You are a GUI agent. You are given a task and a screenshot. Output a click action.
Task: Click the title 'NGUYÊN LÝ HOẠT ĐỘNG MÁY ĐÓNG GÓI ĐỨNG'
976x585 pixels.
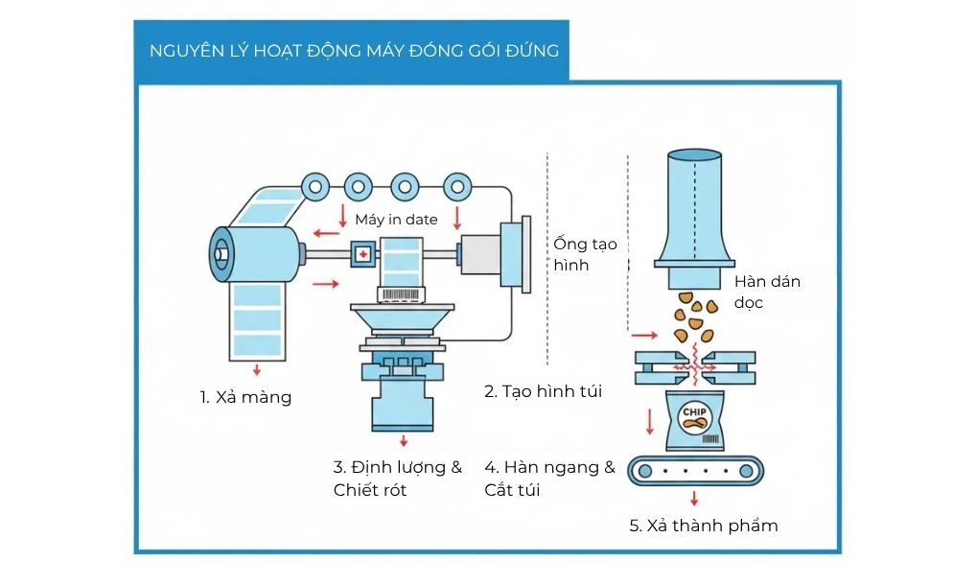tap(354, 50)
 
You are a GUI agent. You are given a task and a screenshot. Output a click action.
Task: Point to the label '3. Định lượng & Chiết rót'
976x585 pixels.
tap(397, 479)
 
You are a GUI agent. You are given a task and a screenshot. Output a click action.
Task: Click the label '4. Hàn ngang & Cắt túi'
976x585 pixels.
tap(549, 479)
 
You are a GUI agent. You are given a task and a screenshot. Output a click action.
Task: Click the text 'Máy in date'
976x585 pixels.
tap(396, 220)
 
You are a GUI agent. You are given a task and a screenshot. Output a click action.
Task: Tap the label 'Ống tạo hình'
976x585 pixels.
tap(584, 254)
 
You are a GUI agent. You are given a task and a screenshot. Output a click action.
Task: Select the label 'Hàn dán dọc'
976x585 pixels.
tap(766, 291)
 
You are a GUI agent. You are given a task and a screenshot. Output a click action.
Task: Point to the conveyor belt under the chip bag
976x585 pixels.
tap(696, 471)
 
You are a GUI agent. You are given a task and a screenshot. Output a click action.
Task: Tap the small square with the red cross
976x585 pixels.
tap(363, 254)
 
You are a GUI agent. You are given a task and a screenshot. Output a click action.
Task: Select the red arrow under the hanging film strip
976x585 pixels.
tap(257, 369)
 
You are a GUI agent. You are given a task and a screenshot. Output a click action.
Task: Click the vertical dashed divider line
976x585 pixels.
tap(546, 259)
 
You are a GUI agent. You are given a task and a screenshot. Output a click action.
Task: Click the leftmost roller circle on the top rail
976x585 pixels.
tap(314, 185)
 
